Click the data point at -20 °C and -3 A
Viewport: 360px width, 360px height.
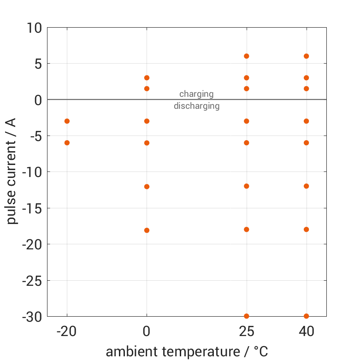[x=67, y=121]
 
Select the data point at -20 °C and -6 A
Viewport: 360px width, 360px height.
[x=67, y=143]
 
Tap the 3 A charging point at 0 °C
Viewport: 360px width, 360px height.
[x=147, y=78]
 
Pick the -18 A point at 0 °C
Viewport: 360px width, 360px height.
[x=147, y=230]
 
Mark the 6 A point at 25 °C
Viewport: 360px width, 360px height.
[x=247, y=56]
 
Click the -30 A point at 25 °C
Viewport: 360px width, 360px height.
[x=247, y=316]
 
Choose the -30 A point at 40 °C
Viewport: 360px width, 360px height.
[x=306, y=316]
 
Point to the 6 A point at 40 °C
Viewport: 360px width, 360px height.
[x=306, y=56]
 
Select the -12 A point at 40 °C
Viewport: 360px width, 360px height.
[x=306, y=186]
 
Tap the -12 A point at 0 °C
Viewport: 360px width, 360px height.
[x=147, y=187]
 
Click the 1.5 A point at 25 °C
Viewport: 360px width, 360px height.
[x=247, y=89]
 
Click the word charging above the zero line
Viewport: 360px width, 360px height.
[x=196, y=94]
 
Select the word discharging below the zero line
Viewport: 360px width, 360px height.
[x=196, y=106]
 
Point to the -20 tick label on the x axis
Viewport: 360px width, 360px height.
[x=67, y=331]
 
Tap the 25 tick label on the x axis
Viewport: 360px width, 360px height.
[x=247, y=331]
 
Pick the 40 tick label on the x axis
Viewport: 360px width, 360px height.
[x=306, y=331]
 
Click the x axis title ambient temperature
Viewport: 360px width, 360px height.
[x=187, y=352]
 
